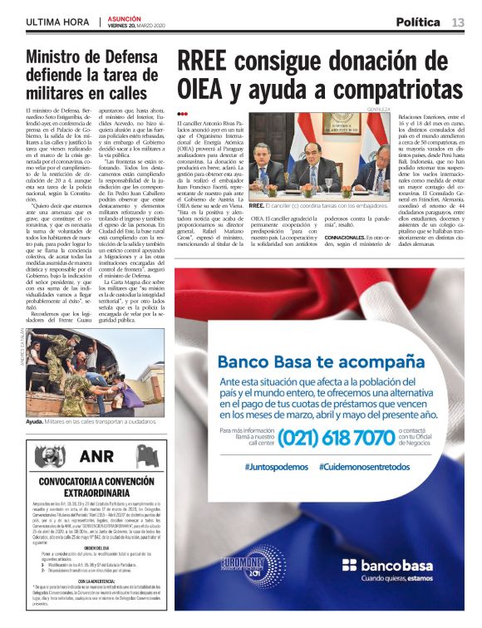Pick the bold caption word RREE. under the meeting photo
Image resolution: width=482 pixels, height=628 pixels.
click(x=256, y=205)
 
